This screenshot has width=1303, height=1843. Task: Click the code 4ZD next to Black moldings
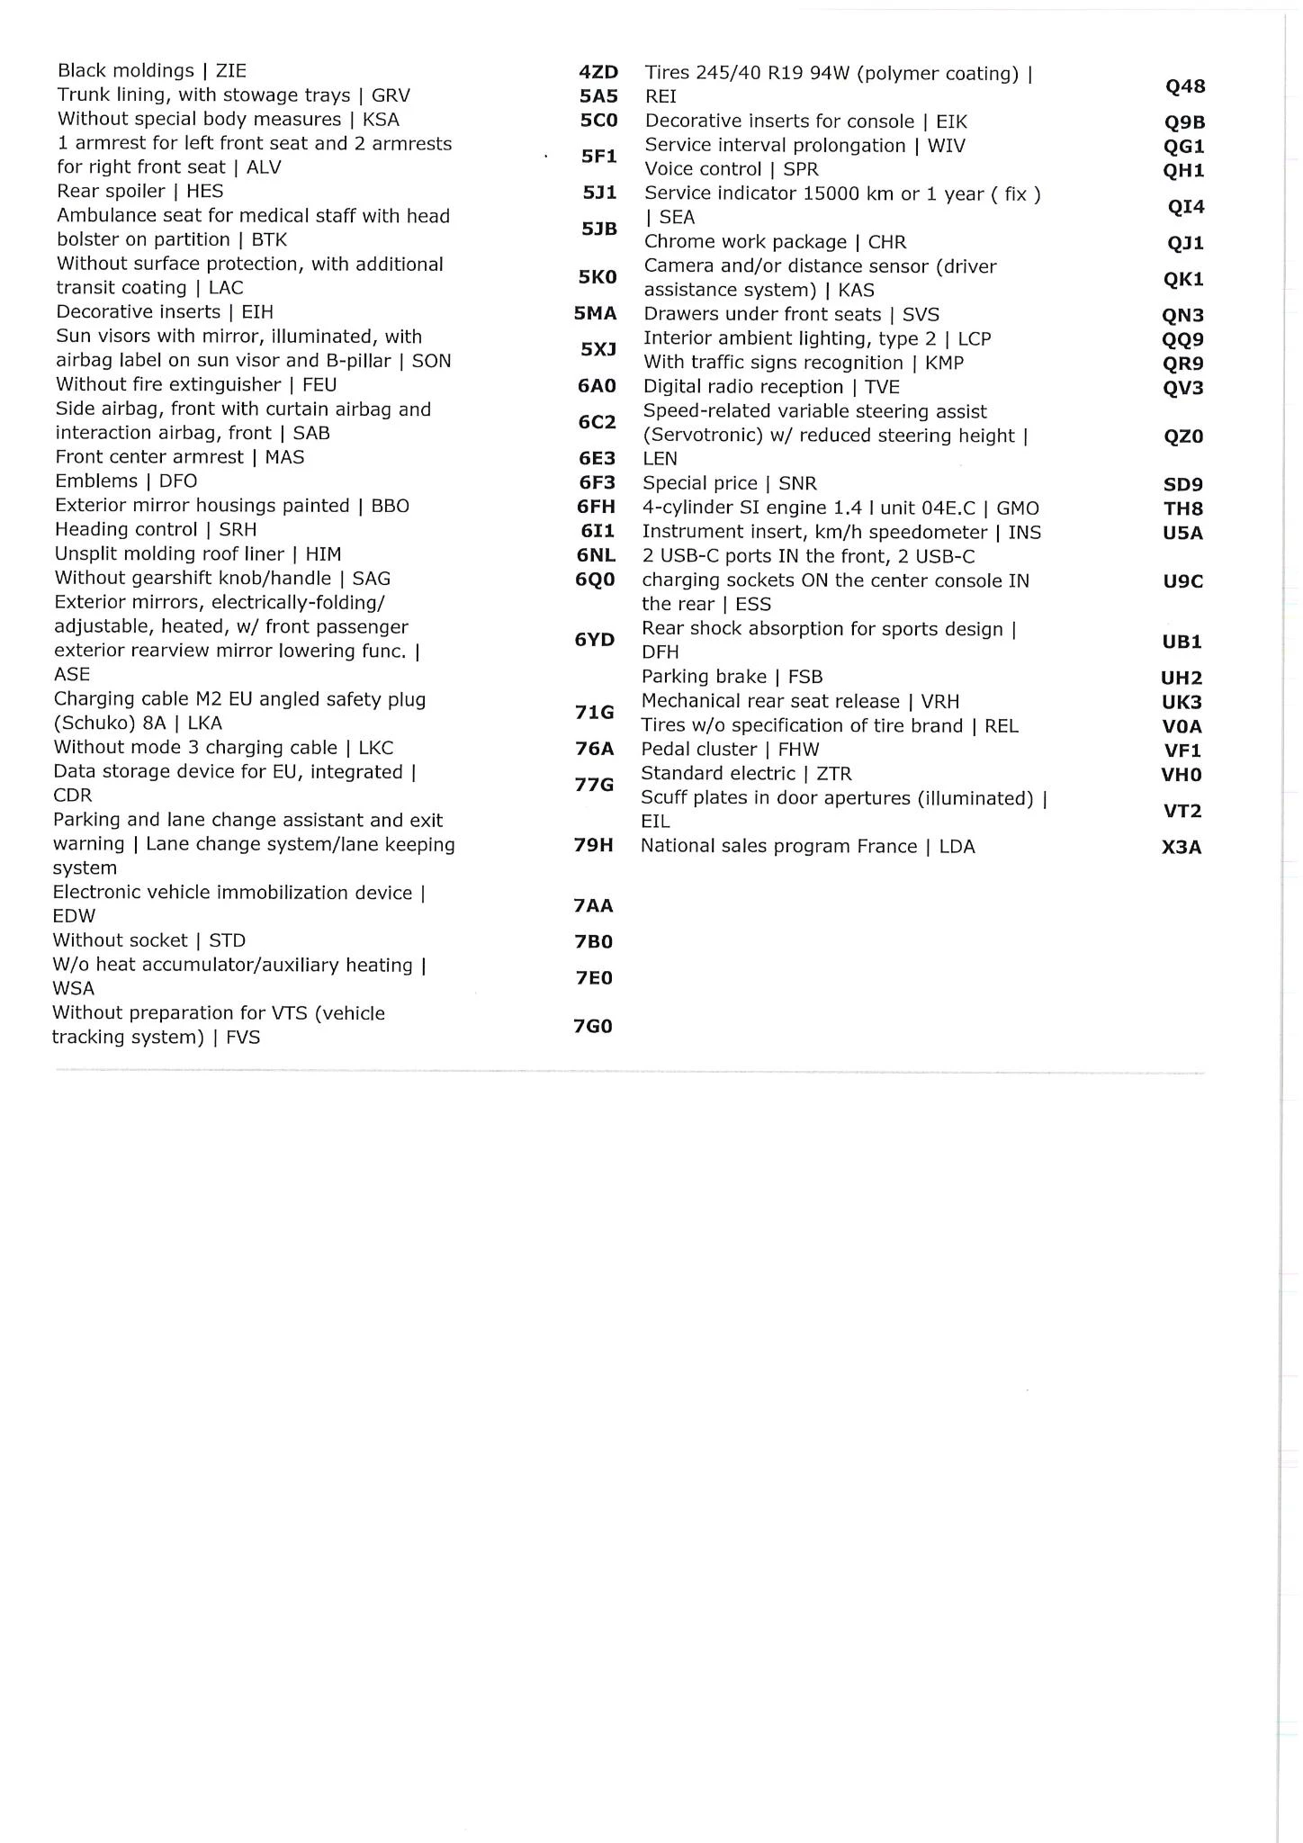(598, 72)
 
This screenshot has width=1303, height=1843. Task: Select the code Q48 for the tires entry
(1184, 86)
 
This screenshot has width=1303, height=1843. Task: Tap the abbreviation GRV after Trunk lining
(391, 95)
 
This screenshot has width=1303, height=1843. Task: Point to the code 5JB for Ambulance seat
(598, 229)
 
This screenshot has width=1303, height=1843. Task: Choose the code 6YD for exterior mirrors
(595, 640)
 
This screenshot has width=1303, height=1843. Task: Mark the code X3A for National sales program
(1182, 847)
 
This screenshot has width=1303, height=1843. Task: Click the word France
(886, 846)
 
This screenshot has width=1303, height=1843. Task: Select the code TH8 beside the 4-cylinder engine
(1183, 508)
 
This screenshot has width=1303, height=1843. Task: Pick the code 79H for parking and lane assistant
(594, 845)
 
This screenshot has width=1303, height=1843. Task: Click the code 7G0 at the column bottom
(593, 1026)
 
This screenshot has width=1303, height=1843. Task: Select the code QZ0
(1183, 436)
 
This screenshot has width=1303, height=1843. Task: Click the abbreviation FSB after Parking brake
(804, 677)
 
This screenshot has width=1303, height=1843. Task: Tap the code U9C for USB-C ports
(1182, 581)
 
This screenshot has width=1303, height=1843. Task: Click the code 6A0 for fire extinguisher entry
(597, 386)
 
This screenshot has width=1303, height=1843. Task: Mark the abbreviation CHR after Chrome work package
(886, 242)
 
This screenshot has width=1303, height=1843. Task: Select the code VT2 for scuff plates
(1182, 811)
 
